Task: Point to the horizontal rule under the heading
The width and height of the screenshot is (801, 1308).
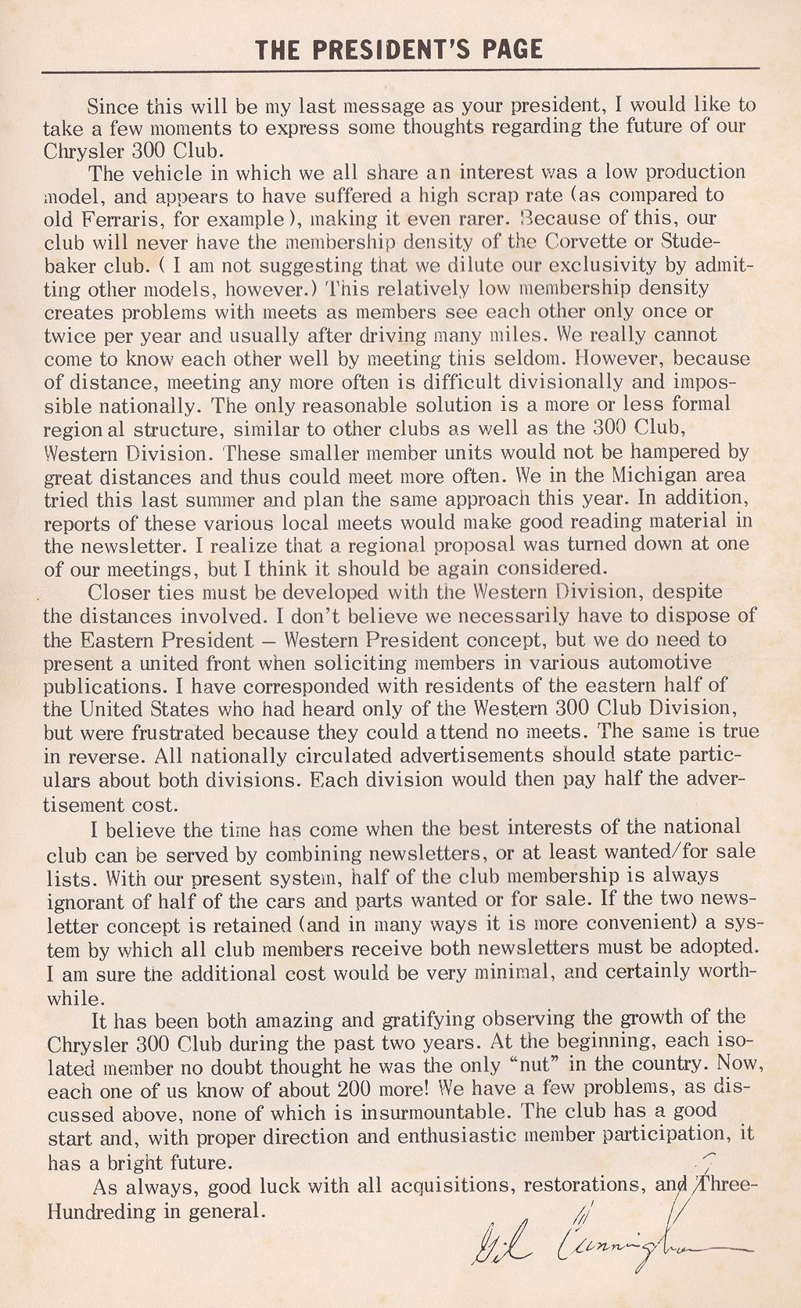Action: point(400,70)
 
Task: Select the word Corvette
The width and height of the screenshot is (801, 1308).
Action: point(582,241)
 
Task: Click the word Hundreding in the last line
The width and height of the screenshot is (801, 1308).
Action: point(102,1212)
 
